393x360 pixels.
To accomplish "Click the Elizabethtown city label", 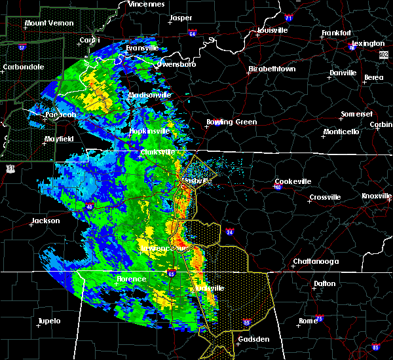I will (x=271, y=69).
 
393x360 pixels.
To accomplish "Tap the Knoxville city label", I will (x=377, y=196).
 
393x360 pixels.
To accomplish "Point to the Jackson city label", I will (x=46, y=221).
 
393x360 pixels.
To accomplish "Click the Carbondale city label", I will (x=23, y=67).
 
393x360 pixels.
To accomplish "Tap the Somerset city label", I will (x=356, y=115).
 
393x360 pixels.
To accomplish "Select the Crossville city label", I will (x=325, y=197).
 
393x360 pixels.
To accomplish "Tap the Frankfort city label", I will (x=337, y=33).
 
